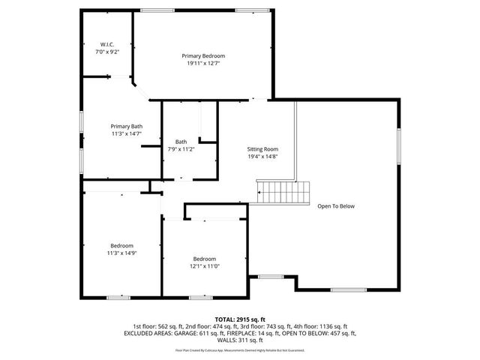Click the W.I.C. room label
(108, 44)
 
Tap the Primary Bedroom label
(203, 56)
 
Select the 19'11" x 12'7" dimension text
(203, 64)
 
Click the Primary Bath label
(126, 126)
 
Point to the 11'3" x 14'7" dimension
(126, 133)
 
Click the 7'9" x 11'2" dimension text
(181, 149)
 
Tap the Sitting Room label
(262, 149)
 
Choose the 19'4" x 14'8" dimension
(262, 157)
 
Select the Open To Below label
(335, 206)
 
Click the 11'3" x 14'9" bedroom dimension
(121, 253)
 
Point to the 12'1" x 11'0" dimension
(204, 266)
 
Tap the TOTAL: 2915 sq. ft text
(239, 319)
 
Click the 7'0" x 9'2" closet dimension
(108, 52)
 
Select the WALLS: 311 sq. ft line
(239, 339)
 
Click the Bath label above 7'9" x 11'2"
(181, 142)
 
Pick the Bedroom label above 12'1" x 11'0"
(204, 259)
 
